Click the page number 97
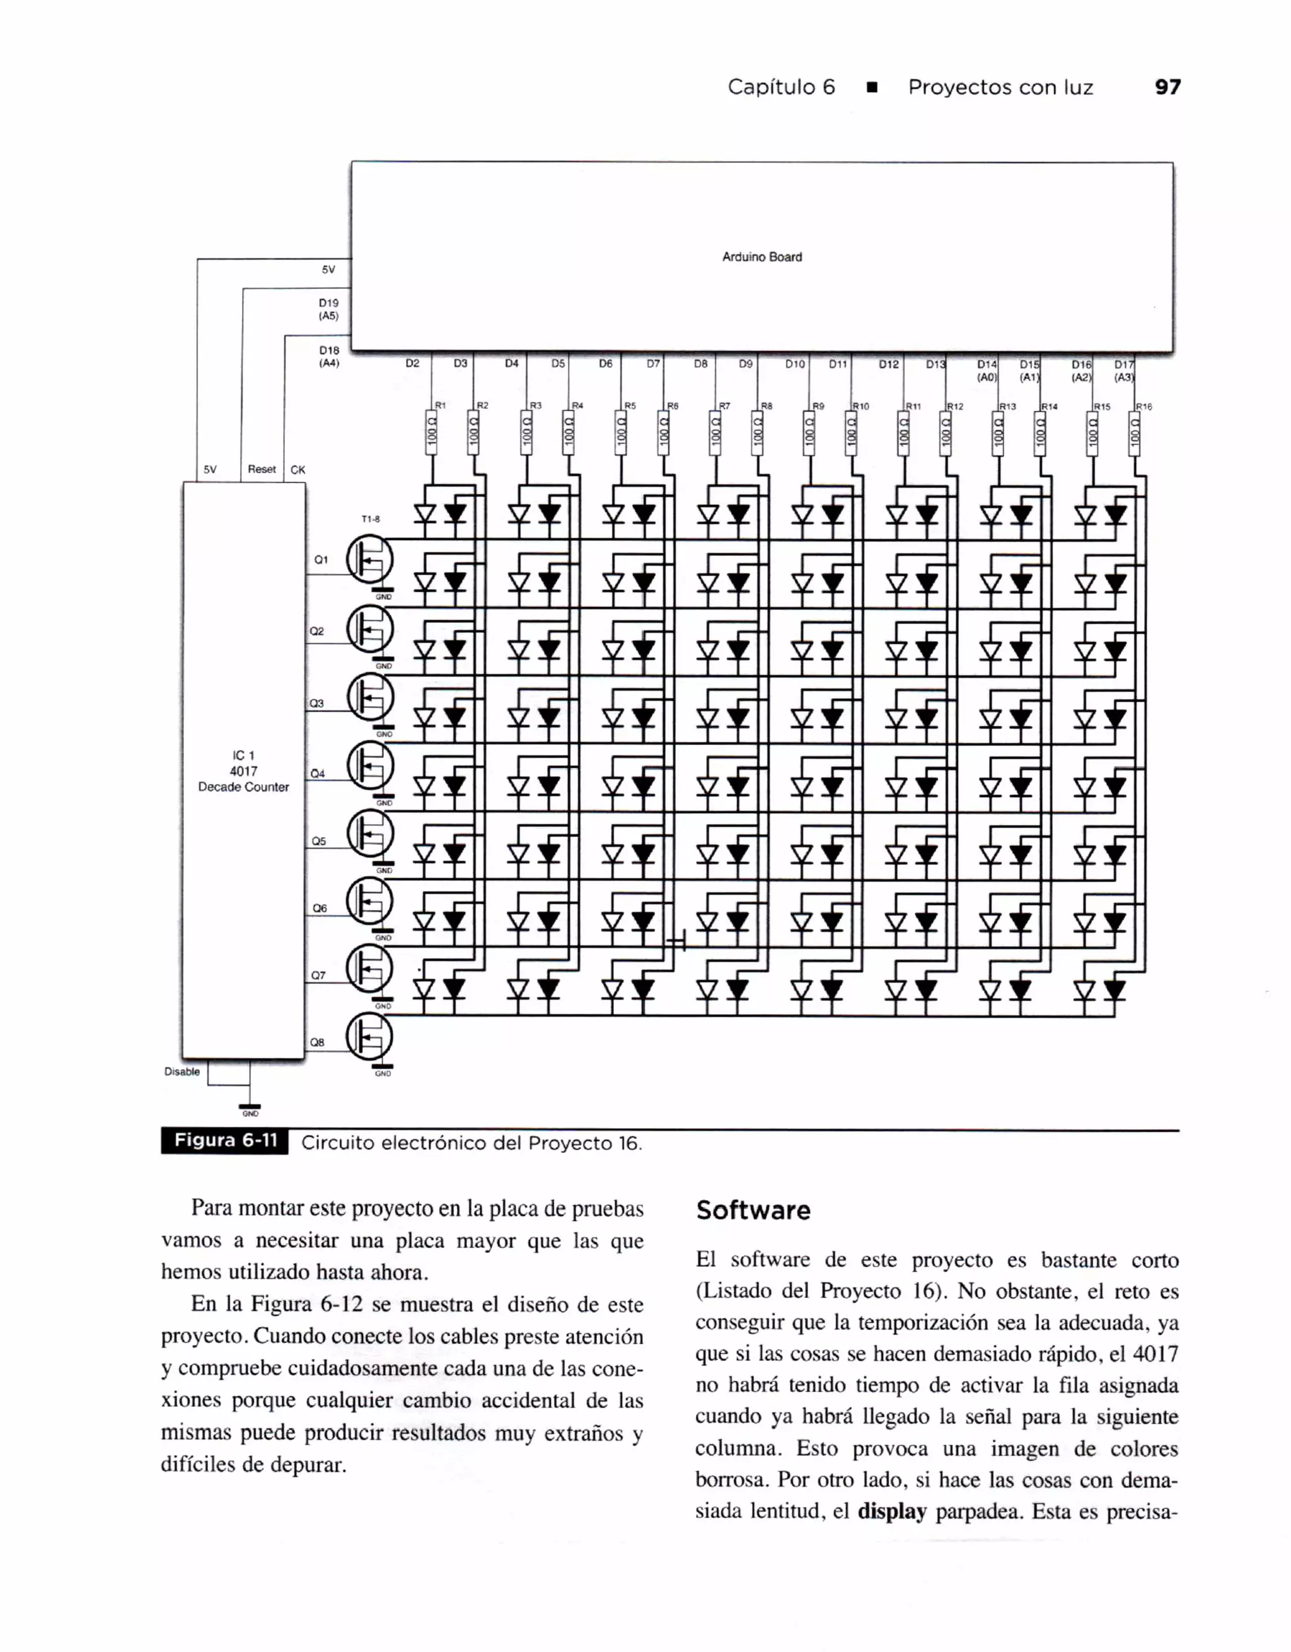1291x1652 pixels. click(1167, 87)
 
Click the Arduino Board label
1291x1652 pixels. click(761, 257)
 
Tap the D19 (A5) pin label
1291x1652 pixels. click(328, 309)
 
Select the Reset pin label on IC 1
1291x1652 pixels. click(262, 469)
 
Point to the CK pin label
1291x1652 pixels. click(298, 470)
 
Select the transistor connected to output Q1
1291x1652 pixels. click(370, 559)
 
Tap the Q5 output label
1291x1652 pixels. click(318, 841)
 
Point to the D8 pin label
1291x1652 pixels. click(700, 364)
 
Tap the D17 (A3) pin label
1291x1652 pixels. click(1124, 371)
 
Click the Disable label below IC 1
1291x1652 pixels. click(182, 1072)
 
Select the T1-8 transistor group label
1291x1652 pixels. click(371, 519)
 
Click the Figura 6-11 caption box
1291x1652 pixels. click(224, 1141)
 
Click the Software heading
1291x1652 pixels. click(753, 1210)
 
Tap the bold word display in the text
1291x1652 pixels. click(892, 1512)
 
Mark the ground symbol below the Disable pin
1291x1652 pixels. click(250, 1107)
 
